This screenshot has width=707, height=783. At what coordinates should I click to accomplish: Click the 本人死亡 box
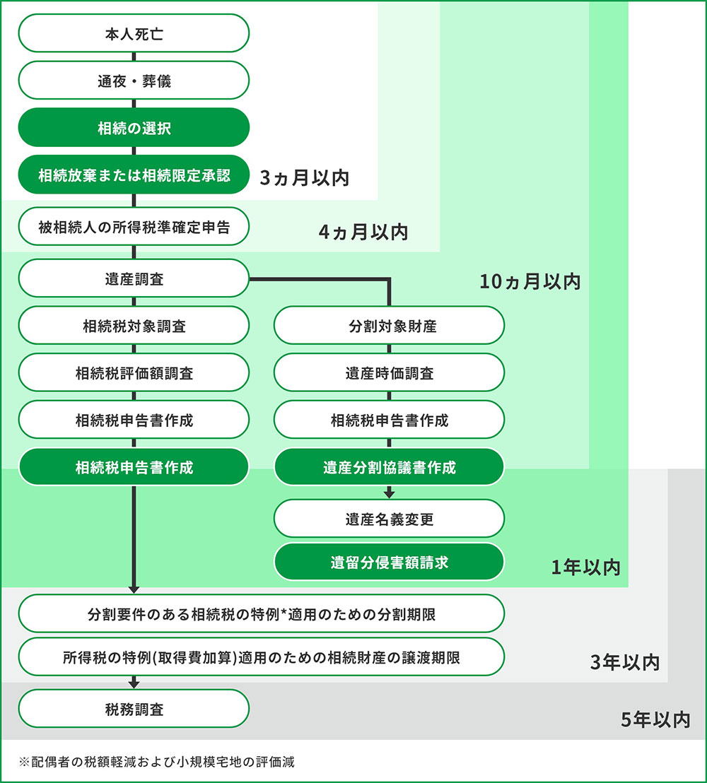134,33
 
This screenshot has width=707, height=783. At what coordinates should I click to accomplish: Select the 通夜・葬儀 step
134,81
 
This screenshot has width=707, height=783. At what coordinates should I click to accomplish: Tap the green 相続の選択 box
134,128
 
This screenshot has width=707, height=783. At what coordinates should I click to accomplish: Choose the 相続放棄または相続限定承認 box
134,175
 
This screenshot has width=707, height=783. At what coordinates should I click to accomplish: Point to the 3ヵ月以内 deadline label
305,177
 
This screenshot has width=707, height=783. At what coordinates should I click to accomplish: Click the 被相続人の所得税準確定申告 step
134,227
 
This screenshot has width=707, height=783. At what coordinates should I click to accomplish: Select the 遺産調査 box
134,278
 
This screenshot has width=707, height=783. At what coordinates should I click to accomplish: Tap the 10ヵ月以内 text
530,281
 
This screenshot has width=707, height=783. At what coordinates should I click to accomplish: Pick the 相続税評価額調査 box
134,373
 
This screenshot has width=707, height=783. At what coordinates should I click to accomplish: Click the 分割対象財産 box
389,326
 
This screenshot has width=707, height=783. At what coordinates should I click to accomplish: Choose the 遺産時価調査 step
389,373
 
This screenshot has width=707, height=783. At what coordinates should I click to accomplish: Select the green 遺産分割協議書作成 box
389,467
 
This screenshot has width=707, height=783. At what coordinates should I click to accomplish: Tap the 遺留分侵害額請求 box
389,563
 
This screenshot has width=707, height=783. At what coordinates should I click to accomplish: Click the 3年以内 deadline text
625,662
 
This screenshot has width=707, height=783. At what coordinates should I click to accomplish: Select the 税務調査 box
134,709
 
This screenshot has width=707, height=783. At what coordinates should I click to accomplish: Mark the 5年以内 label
655,719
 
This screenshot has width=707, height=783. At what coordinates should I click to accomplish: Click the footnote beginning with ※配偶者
157,762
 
